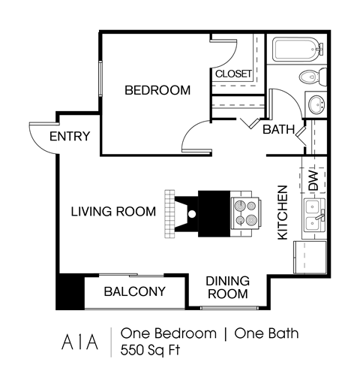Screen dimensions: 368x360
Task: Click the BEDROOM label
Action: tap(157, 90)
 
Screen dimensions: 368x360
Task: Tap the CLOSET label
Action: tap(233, 74)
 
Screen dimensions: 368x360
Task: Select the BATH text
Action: tap(277, 129)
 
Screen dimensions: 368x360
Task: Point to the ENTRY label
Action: tap(73, 136)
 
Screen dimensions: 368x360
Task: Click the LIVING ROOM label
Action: tap(113, 212)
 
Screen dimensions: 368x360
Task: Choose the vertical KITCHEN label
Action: tap(283, 213)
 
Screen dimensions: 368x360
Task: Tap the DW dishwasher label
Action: tap(313, 180)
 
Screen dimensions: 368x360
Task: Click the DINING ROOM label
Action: tap(227, 288)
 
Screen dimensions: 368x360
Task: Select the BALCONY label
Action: tap(134, 291)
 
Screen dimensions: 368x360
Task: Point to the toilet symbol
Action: tap(310, 77)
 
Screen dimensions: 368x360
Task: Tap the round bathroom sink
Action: tap(316, 104)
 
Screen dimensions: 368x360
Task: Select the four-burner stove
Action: tap(246, 213)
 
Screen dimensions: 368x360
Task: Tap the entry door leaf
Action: tap(43, 123)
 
